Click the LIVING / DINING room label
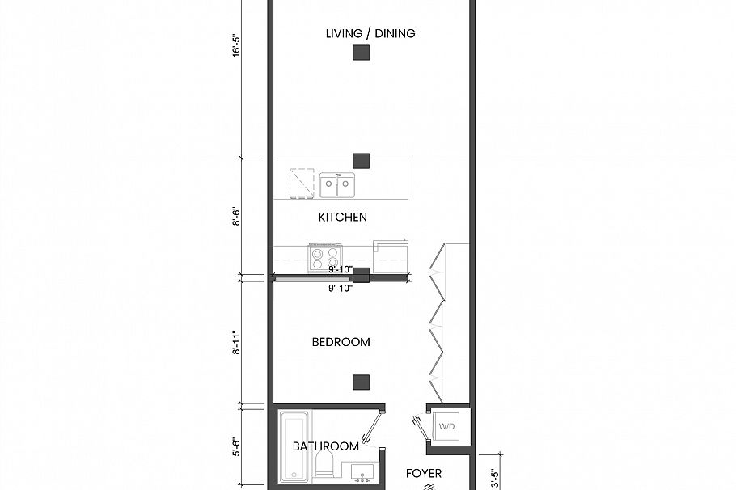click(x=370, y=33)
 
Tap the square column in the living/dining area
click(x=362, y=53)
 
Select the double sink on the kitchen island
click(x=336, y=185)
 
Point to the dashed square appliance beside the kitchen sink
click(x=302, y=183)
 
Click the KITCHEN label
click(x=342, y=217)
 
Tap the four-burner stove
click(x=326, y=258)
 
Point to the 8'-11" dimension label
click(x=237, y=341)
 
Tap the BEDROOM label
click(x=341, y=342)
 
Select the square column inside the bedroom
click(x=362, y=382)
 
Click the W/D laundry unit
click(x=447, y=425)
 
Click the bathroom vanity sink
click(x=361, y=471)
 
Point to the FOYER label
click(x=424, y=473)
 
